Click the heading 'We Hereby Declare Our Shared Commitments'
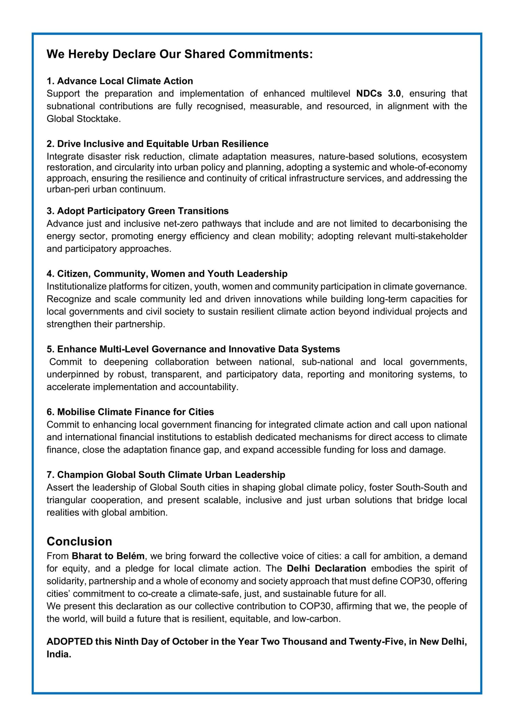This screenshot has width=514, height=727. click(x=180, y=54)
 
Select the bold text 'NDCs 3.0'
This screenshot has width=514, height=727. click(x=379, y=94)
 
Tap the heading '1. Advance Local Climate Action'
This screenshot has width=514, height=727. click(x=120, y=81)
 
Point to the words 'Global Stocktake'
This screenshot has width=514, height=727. click(x=83, y=119)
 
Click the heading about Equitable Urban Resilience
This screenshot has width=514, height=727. click(x=157, y=143)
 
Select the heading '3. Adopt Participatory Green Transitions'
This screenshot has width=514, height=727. click(x=137, y=211)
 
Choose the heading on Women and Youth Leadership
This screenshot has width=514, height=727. click(x=167, y=274)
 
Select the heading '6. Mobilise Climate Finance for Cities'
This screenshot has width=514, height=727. click(x=130, y=412)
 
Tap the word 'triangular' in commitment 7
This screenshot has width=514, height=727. click(x=66, y=500)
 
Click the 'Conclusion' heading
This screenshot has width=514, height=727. click(x=79, y=541)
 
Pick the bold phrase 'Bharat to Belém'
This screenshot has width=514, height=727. click(x=108, y=556)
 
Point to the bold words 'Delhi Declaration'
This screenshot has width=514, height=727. click(x=326, y=568)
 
